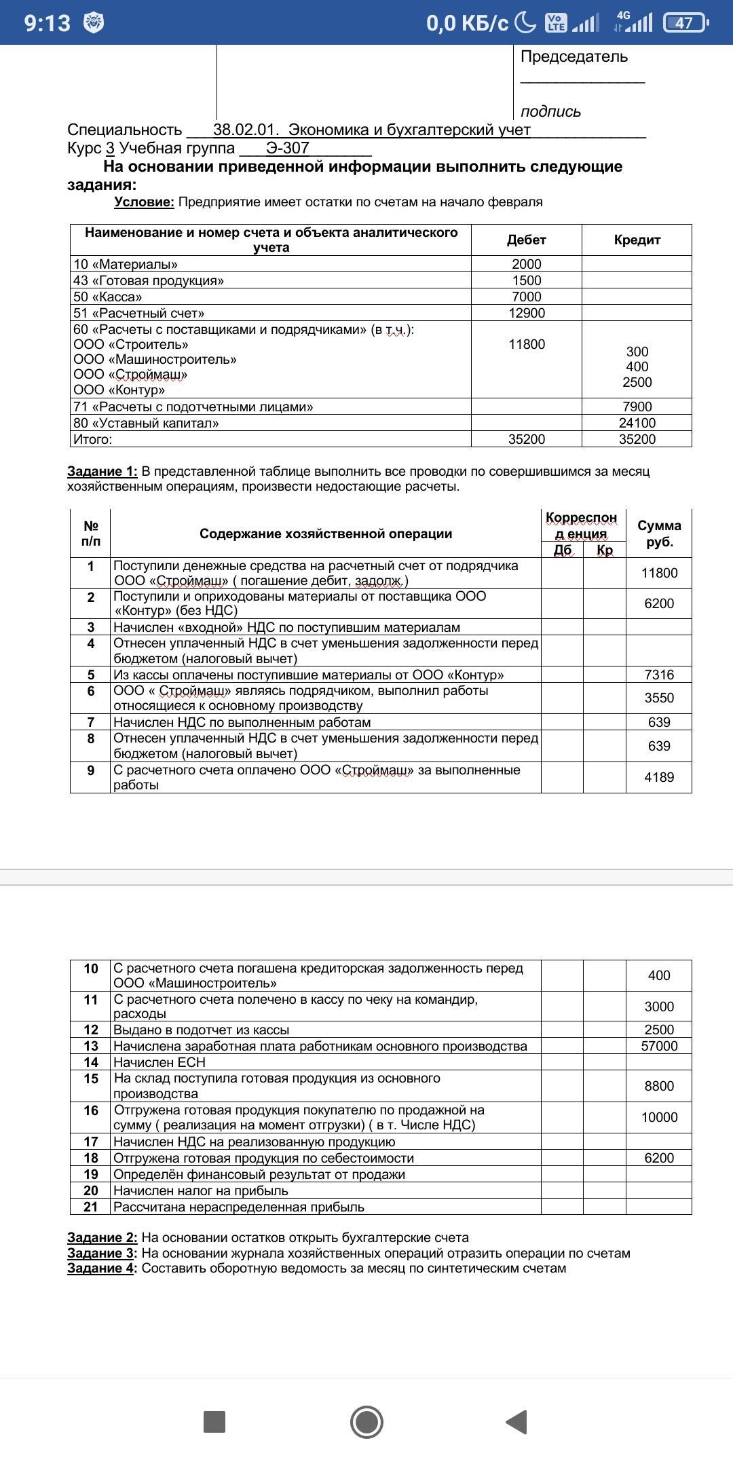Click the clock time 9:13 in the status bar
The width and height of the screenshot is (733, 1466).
(48, 23)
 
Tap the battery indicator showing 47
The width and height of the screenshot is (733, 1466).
(685, 23)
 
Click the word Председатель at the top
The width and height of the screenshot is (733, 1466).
(574, 57)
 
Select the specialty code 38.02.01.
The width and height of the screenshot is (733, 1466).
(246, 130)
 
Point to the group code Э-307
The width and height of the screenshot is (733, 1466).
(287, 148)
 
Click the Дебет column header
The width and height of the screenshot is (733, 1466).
(526, 240)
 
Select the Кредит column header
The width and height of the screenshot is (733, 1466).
(637, 240)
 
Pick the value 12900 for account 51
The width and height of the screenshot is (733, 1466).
(526, 313)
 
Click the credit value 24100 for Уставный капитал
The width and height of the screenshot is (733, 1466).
(637, 423)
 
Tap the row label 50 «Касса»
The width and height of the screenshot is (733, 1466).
(108, 297)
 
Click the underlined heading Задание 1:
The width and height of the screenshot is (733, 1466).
(102, 471)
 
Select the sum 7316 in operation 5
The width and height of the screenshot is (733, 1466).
(659, 675)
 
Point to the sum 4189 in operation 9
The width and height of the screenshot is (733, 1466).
(659, 777)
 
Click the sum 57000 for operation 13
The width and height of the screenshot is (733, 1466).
(659, 1046)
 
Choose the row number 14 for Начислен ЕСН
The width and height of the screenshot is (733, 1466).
(91, 1062)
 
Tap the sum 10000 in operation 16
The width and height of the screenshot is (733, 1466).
(659, 1117)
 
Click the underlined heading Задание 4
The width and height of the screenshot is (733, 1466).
(100, 1268)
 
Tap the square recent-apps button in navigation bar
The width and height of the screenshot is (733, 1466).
(214, 1421)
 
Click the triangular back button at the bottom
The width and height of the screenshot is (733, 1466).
(517, 1421)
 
